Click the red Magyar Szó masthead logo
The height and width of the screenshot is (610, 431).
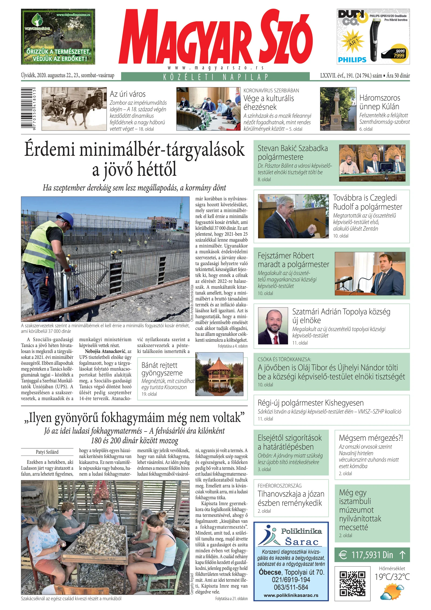coord(215,37)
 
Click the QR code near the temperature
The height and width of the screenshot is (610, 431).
coord(352,583)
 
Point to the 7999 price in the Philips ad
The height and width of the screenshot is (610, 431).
coord(399,55)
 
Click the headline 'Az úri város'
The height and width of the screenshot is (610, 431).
coord(127,94)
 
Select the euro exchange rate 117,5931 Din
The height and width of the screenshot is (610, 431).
coord(372,555)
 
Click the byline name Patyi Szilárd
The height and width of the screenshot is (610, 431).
coord(47,452)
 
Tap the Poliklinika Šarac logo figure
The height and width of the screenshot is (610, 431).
coord(268,535)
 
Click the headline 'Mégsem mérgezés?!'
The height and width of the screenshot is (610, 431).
coord(371,438)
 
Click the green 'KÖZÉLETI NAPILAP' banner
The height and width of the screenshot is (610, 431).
coord(215,77)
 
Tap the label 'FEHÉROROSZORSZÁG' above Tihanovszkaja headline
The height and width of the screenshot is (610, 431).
coord(279,486)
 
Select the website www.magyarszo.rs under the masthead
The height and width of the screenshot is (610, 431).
coord(215,68)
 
